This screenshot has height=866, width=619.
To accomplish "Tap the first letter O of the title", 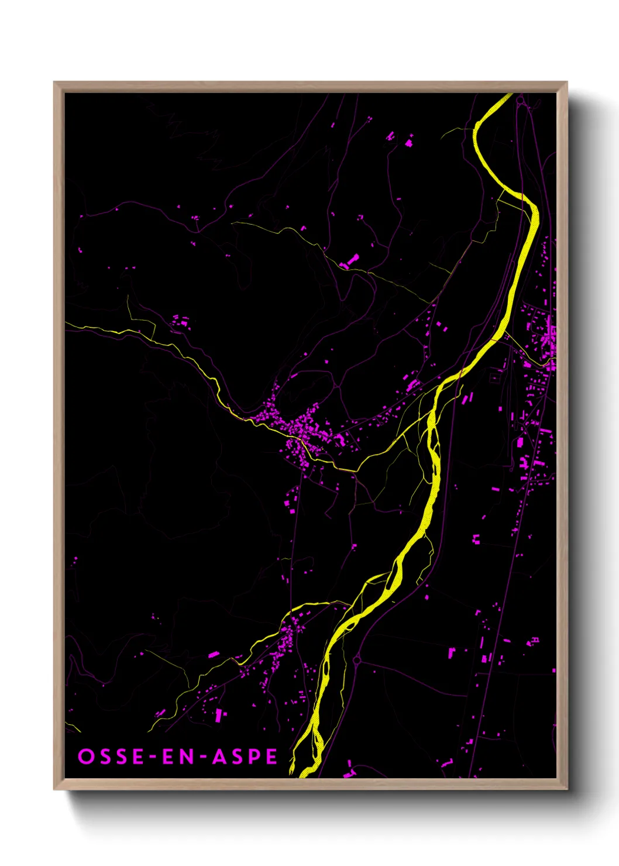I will coord(85,757).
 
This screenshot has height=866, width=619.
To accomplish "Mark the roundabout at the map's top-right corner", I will coord(520,101).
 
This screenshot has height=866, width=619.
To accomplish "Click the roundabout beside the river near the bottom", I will coord(357,661).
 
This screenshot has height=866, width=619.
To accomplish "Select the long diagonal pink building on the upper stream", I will coord(351,260).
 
